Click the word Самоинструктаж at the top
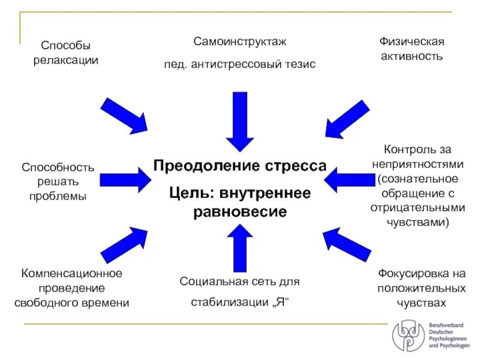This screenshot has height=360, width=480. pos(240,42)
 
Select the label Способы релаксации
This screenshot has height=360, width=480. pos(66,53)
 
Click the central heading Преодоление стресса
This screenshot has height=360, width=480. pos(240,166)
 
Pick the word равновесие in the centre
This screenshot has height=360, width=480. pos(240,212)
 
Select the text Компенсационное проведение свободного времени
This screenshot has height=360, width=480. pos(72,288)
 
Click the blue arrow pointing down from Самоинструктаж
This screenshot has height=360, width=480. pos(240,121)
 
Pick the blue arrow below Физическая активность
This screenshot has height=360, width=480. pos(347,119)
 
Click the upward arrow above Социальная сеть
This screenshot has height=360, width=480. pos(240,247)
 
